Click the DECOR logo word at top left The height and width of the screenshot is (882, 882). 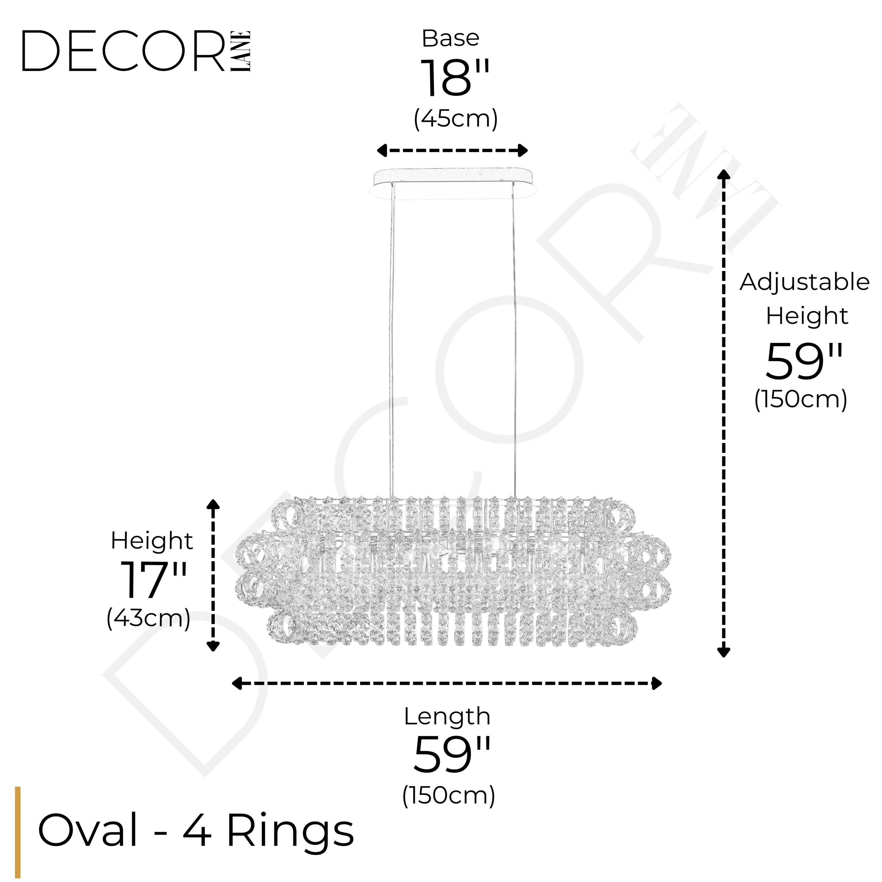[123, 51]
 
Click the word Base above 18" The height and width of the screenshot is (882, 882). [450, 38]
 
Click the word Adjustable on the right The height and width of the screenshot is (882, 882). [804, 282]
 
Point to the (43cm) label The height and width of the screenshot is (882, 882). [148, 619]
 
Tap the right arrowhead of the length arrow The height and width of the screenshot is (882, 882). [657, 684]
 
